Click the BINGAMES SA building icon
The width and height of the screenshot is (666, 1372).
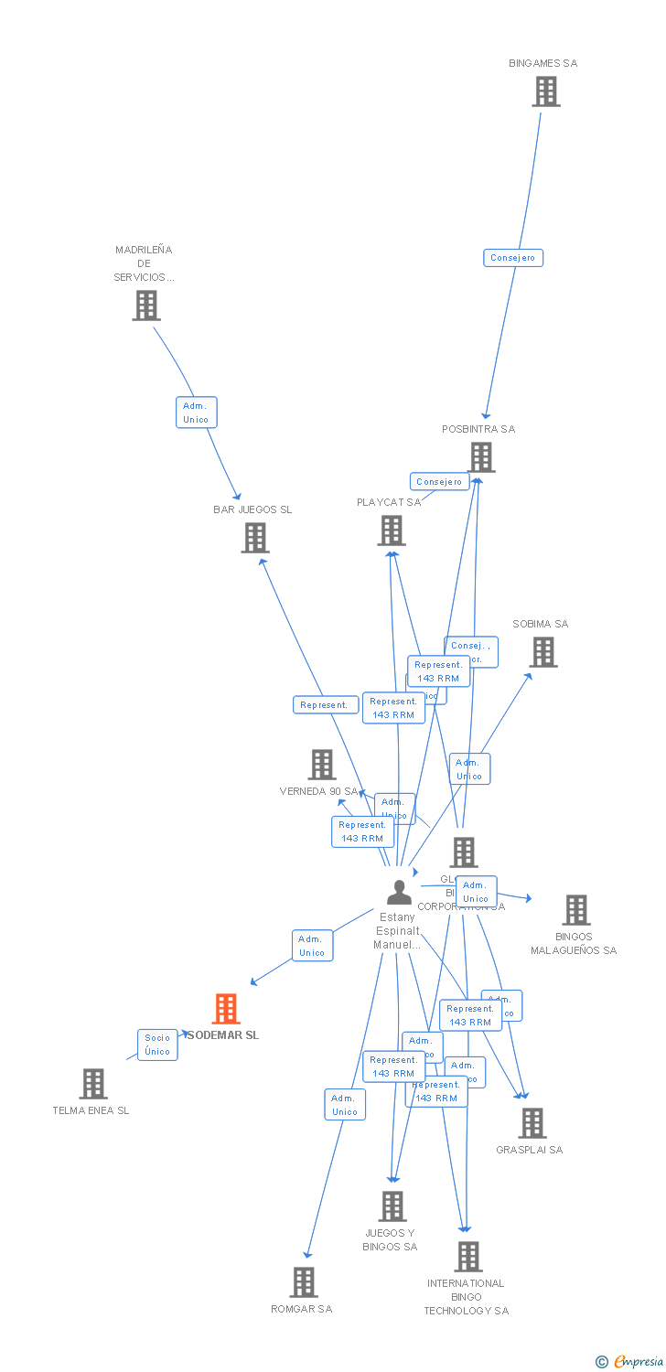point(546,91)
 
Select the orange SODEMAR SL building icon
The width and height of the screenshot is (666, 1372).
point(226,1009)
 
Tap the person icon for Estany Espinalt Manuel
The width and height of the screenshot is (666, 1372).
point(399,892)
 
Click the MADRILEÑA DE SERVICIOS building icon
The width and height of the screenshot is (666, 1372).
point(146,305)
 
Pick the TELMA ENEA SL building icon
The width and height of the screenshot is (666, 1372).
point(93,1084)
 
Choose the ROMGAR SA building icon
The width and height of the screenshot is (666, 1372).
point(305,1282)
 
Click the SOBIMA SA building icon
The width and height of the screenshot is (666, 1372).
point(543,652)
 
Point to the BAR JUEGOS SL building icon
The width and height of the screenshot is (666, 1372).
point(255,538)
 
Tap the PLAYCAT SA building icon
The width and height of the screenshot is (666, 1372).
point(392,531)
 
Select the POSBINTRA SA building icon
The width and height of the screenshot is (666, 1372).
point(481,457)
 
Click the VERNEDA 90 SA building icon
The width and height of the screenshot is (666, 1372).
point(322,764)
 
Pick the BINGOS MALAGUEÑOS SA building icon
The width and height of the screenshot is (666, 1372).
point(576,910)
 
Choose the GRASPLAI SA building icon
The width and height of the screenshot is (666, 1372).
point(532,1123)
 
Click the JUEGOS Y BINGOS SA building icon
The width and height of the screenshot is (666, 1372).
point(392,1206)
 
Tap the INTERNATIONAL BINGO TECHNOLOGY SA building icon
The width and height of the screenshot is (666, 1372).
point(468,1257)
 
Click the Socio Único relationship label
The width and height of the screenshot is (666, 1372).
point(157,1045)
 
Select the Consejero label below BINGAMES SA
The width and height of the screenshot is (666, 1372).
point(513,258)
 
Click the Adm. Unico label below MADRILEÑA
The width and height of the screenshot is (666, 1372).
point(196,413)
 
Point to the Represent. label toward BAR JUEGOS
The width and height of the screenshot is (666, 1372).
point(325,705)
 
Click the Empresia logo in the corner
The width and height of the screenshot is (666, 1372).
point(630,1362)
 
